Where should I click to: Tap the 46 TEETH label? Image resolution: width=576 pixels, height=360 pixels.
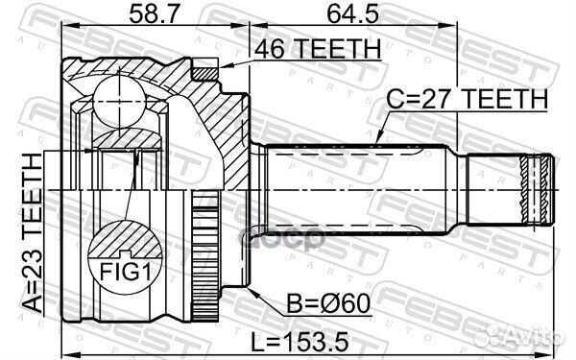317,48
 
